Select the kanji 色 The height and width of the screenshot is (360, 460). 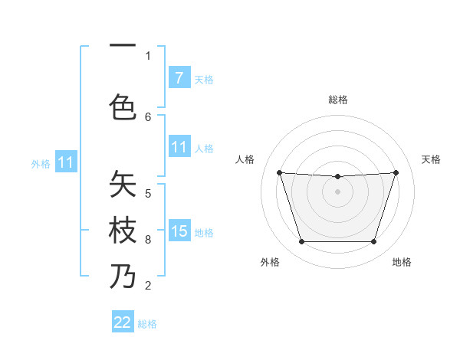[123, 106]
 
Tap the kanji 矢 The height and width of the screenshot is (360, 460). [123, 185]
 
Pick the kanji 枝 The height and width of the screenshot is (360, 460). [123, 230]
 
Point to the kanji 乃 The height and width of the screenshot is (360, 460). [123, 277]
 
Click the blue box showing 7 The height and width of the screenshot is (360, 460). [179, 78]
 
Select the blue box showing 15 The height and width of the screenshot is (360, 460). [179, 231]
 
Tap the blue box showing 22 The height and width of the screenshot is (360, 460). [123, 322]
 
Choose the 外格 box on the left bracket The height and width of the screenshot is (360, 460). [65, 162]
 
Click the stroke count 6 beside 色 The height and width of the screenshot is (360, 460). [148, 116]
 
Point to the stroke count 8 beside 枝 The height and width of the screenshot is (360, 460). [148, 240]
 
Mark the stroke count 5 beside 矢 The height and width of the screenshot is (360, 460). [148, 193]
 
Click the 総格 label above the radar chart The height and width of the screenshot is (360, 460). [338, 100]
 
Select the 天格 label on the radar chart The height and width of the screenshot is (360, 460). [432, 159]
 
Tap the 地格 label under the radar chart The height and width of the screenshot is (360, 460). [402, 262]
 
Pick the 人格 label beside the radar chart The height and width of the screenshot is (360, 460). [245, 159]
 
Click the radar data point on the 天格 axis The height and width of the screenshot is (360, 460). [396, 172]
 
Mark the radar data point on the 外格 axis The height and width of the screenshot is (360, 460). [301, 242]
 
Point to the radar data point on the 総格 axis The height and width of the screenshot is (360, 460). [337, 177]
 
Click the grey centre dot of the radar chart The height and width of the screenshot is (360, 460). [337, 191]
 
